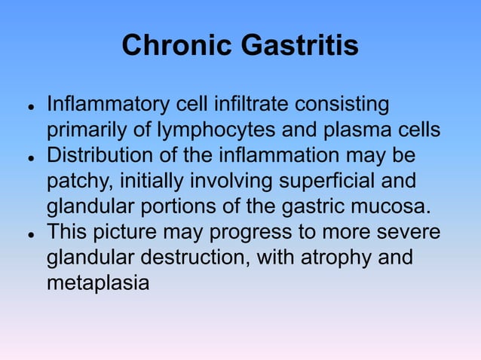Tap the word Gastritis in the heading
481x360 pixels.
(x=299, y=47)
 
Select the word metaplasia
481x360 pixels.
(x=98, y=284)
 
